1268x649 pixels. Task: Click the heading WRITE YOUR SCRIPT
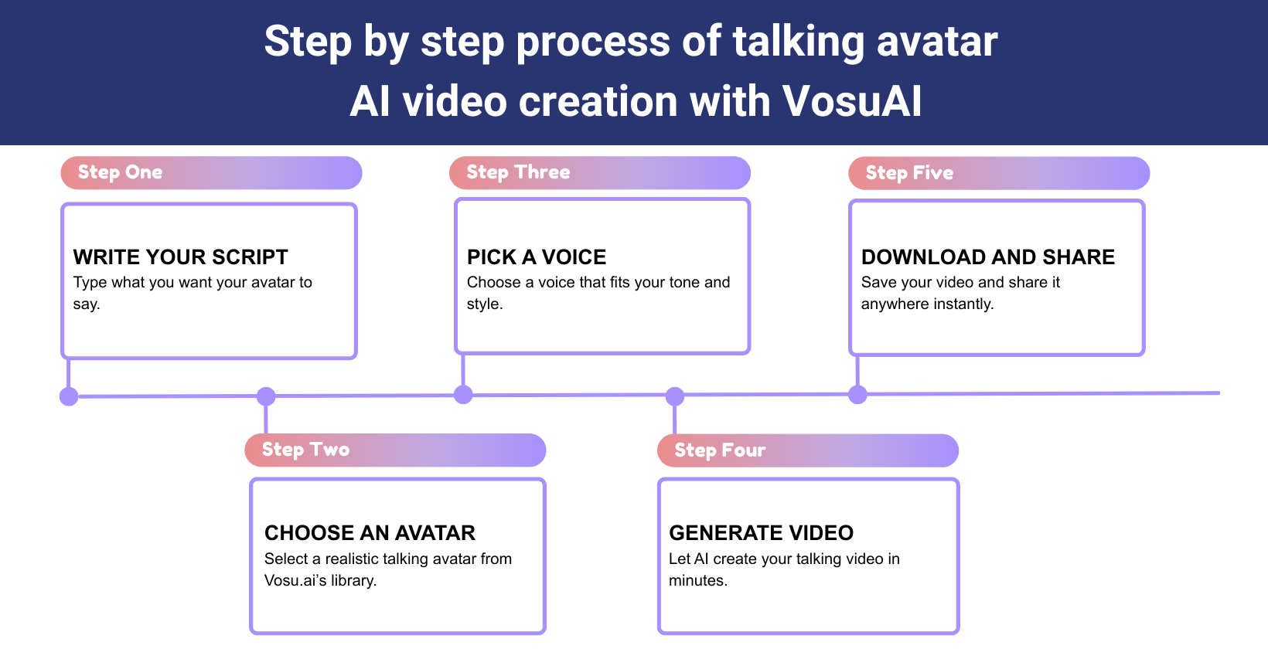180,257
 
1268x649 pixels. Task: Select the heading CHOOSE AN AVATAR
370,533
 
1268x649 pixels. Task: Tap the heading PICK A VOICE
537,257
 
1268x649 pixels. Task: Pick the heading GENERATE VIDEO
761,533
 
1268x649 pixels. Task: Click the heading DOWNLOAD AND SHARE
987,257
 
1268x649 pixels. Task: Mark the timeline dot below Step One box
69,396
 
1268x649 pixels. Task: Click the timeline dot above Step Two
266,396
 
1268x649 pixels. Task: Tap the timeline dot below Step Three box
463,395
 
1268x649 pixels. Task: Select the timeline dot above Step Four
675,396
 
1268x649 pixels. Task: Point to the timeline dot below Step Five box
857,395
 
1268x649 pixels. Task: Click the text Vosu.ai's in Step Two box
295,580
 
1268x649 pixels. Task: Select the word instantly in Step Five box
963,304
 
